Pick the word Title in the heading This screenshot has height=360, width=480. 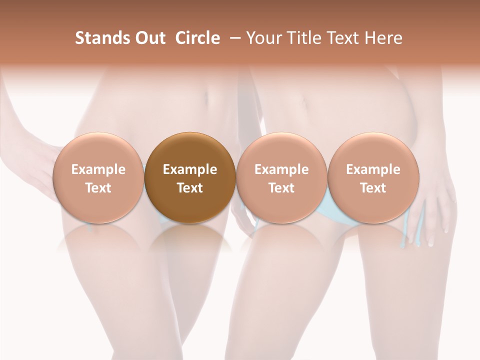(x=302, y=38)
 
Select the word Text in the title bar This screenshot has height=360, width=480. (x=341, y=38)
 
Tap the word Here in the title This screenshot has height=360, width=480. (x=383, y=38)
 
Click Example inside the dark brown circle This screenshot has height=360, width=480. (x=190, y=169)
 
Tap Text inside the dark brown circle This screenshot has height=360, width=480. (x=190, y=188)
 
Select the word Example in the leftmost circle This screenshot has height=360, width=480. (x=98, y=169)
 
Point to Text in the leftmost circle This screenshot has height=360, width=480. (x=98, y=188)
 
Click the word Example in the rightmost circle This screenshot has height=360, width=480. (x=373, y=169)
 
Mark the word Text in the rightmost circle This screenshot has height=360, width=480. (x=373, y=188)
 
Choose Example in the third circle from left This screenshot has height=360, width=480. (x=281, y=169)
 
